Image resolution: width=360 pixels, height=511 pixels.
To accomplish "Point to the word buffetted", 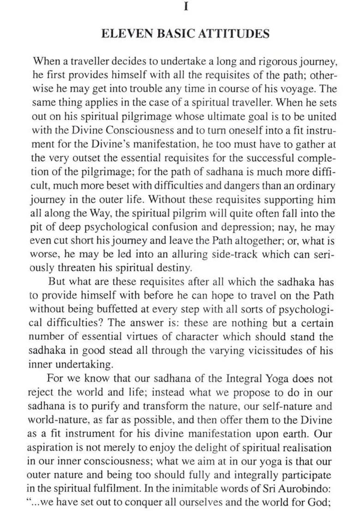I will pyautogui.click(x=111, y=309).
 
